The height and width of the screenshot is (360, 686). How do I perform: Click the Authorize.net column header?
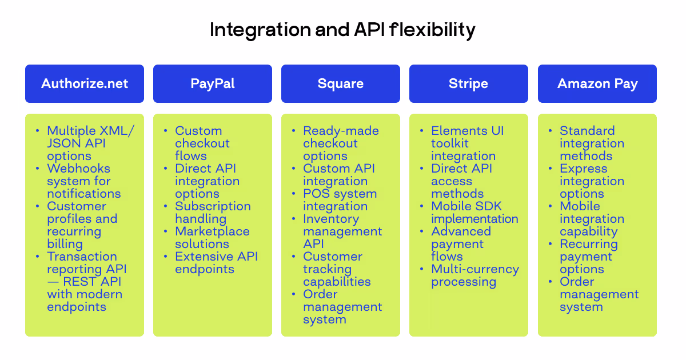click(85, 83)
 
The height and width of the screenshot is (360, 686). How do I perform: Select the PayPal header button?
click(213, 83)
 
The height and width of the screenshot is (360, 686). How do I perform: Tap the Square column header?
click(341, 83)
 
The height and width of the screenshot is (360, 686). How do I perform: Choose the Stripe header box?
click(469, 83)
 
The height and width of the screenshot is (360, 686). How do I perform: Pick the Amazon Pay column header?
click(597, 83)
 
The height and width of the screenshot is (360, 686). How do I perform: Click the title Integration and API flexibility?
click(342, 30)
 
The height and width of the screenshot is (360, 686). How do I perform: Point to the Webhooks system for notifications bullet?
click(83, 181)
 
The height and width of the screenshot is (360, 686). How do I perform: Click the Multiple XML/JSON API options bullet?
click(90, 143)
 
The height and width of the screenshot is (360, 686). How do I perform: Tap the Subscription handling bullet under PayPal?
click(213, 213)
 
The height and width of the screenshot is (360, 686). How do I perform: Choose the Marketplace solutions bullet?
click(212, 238)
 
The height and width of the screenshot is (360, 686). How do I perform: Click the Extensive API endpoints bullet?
click(216, 263)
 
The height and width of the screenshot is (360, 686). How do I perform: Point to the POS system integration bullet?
click(340, 200)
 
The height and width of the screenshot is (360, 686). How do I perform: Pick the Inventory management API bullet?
click(342, 231)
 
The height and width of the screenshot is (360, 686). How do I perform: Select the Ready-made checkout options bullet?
click(341, 143)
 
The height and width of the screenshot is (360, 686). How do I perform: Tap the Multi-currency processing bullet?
click(475, 275)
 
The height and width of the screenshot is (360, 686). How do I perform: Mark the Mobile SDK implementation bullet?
click(474, 213)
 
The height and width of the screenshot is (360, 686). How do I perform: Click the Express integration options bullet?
click(592, 181)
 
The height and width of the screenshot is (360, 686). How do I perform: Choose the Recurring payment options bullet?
click(589, 257)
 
